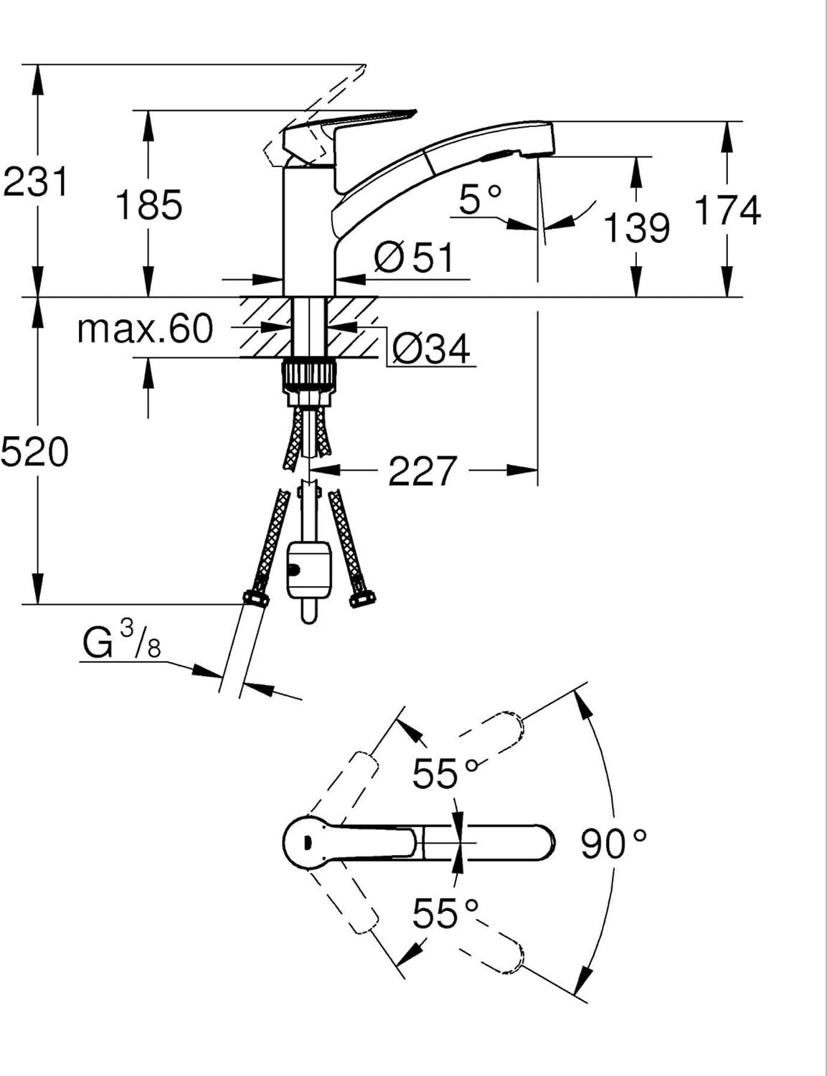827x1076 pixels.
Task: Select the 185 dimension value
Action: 149,204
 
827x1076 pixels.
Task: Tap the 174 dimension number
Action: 727,210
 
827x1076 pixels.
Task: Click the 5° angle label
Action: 480,199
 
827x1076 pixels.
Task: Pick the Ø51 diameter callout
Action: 413,257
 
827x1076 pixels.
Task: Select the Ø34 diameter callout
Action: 430,349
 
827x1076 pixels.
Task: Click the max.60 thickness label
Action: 145,329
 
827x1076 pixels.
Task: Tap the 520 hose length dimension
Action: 34,452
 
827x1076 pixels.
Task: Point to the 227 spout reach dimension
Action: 421,471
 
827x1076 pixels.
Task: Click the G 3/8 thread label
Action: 122,641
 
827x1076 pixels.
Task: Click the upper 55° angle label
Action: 445,773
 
